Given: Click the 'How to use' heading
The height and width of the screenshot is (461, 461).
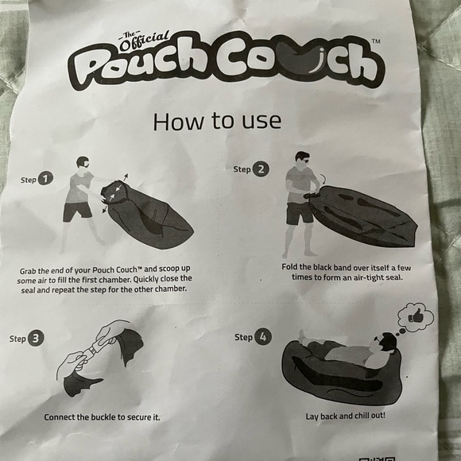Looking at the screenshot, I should coord(216,121).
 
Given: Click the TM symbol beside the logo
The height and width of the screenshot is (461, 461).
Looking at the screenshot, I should coord(376,41).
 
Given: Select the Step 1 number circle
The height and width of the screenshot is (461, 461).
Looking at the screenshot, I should coord(47,179).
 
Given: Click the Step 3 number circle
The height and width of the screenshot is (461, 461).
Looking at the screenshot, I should coord(36,338).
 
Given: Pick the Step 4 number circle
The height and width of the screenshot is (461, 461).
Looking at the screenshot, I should coord(262,337).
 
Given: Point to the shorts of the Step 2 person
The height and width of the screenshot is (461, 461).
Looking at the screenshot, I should coord(300,212).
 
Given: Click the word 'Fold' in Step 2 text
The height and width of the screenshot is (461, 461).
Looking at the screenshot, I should coord(292,266).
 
